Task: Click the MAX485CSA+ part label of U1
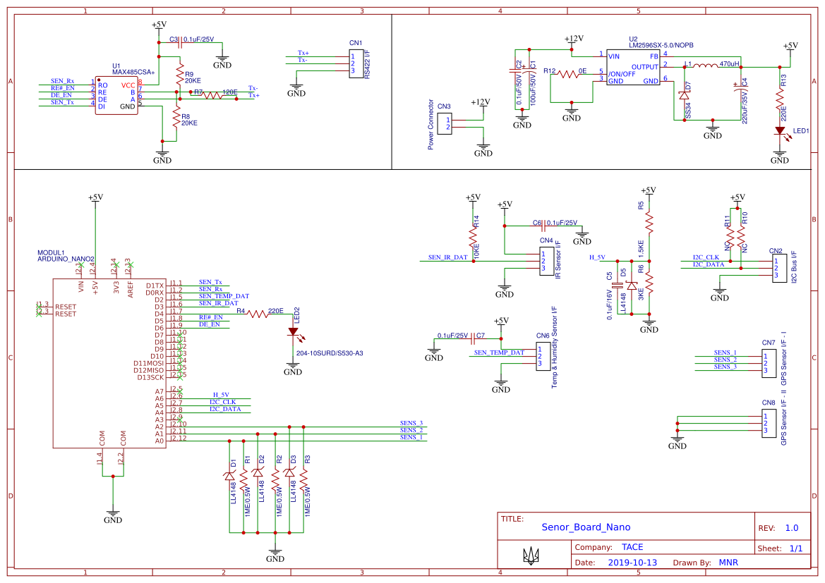(x=133, y=72)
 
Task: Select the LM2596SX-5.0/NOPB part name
(x=661, y=45)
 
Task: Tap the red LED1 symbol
(x=780, y=130)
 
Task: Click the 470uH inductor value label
(x=729, y=64)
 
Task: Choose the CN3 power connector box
(x=444, y=124)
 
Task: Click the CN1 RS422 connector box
(x=356, y=63)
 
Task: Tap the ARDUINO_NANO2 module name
(x=66, y=259)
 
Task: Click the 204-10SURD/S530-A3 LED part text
(x=330, y=352)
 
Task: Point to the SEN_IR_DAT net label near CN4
(x=447, y=257)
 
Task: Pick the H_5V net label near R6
(x=597, y=257)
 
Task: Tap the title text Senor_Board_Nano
(x=586, y=527)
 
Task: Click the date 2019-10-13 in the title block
(x=632, y=563)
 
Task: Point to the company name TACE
(x=632, y=547)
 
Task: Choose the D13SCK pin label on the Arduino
(x=150, y=377)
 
